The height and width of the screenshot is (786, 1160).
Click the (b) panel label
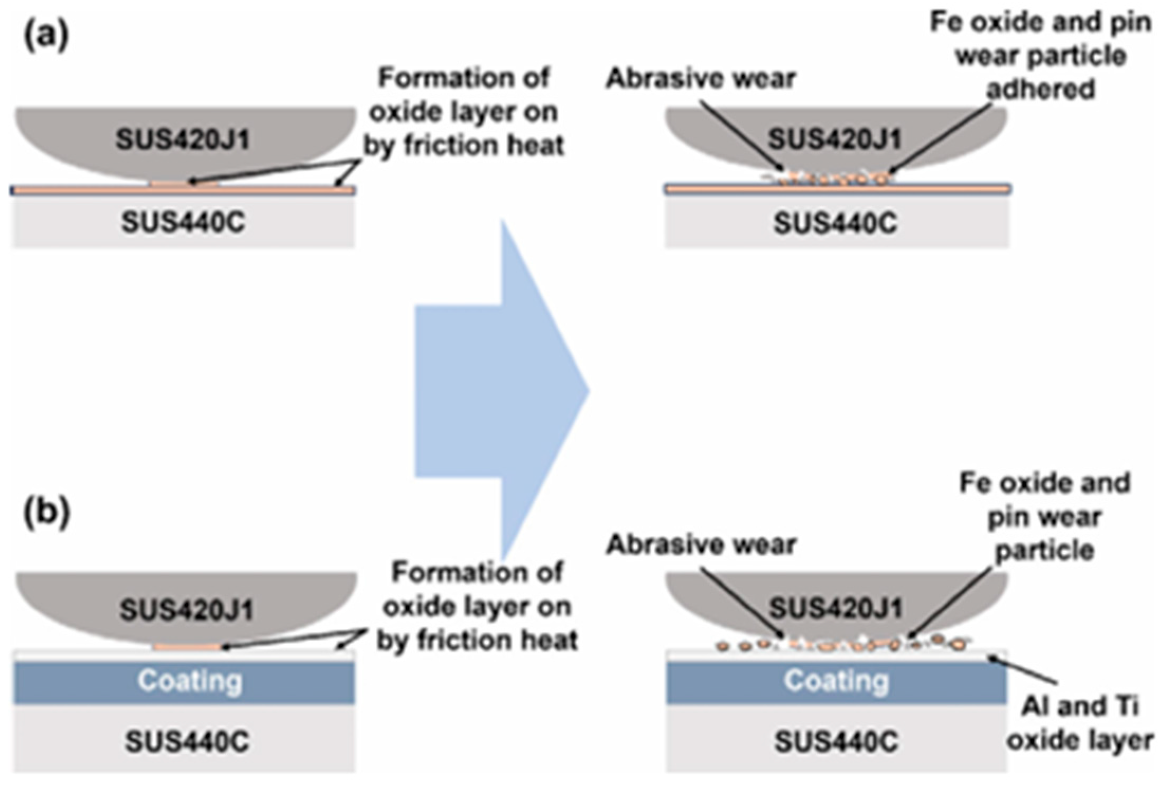tap(47, 513)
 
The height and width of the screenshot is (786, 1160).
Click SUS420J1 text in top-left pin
tap(182, 140)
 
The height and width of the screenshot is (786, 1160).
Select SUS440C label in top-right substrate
tap(836, 223)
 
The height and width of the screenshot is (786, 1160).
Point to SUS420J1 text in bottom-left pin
tap(187, 610)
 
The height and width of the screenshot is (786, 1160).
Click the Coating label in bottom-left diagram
tap(190, 681)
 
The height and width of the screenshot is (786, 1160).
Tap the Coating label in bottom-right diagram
tap(836, 681)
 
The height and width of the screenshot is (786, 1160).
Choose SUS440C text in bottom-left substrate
tap(187, 742)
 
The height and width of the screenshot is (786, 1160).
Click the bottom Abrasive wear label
tap(701, 544)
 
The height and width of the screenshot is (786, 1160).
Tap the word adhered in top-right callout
tap(1041, 89)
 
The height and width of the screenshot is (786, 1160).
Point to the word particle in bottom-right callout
tap(1044, 551)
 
